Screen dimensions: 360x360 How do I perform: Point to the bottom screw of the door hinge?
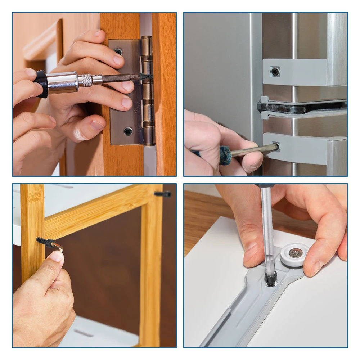128,131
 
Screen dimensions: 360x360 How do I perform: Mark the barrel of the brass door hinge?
147,90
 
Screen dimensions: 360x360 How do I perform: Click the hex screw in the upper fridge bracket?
275,71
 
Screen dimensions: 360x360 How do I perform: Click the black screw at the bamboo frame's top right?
162,194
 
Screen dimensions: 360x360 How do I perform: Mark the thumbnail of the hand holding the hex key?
57,256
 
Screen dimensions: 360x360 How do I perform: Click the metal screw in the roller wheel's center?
296,253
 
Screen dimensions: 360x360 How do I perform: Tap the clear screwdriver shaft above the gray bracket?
267,230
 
